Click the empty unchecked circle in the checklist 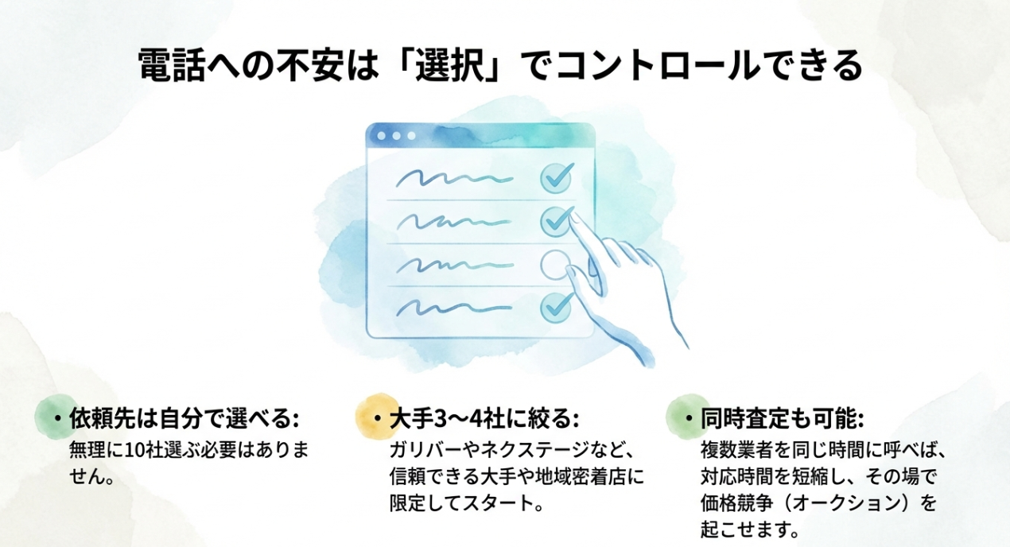click(556, 263)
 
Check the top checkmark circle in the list click(557, 177)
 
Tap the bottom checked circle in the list click(556, 306)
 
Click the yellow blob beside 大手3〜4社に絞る click(375, 416)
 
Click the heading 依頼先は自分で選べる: click(183, 419)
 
